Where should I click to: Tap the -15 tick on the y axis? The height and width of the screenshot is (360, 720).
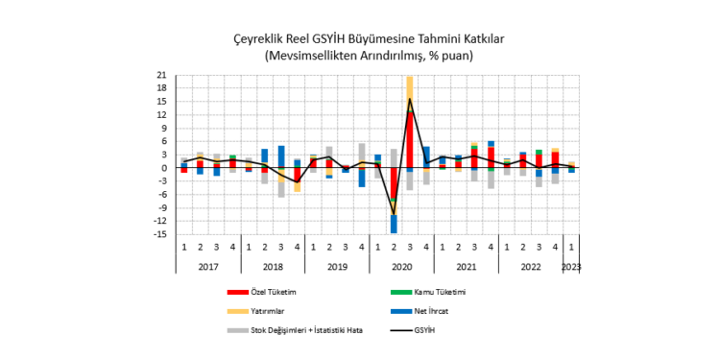pos(161,234)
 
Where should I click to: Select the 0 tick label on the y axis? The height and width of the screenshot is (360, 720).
pos(165,168)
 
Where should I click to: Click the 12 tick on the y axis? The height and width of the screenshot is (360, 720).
pos(163,115)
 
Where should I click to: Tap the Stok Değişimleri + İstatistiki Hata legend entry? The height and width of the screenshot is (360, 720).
pos(307,330)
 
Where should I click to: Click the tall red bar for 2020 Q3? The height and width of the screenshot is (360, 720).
pos(410,140)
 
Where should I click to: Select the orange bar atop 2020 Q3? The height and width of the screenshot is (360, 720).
pos(410,92)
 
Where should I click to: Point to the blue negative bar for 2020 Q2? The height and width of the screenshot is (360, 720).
pos(394,224)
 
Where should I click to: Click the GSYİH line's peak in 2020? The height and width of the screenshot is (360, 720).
pos(410,99)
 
